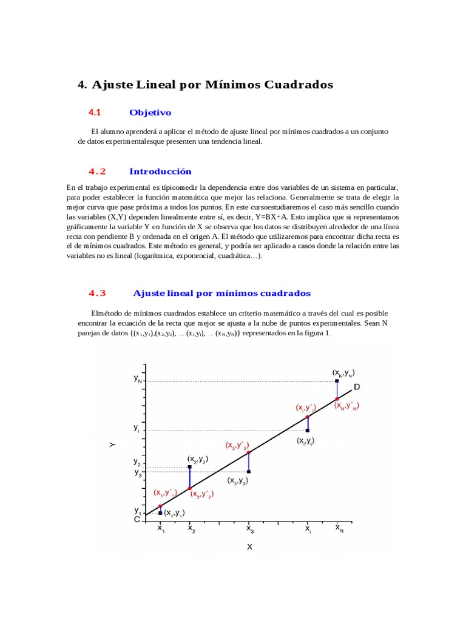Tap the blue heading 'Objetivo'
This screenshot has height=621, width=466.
coord(150,113)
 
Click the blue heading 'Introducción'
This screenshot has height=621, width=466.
coord(160,172)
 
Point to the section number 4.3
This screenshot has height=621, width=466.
coord(97,293)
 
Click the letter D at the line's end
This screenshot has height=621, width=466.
coord(357,387)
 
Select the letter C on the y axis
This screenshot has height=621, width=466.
coord(137,520)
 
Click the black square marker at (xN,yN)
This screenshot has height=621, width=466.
coord(337,381)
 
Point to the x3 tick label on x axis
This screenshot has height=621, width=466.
coord(250,529)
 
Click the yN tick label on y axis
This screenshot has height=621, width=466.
coord(138,378)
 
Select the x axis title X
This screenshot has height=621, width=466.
coord(249,547)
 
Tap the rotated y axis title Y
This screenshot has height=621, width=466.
coord(112,445)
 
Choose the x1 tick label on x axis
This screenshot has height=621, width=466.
coord(161,529)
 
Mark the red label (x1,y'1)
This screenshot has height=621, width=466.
coord(165,493)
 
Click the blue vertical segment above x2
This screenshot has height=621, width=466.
coord(190,478)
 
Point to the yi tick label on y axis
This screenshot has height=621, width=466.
coord(137,428)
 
